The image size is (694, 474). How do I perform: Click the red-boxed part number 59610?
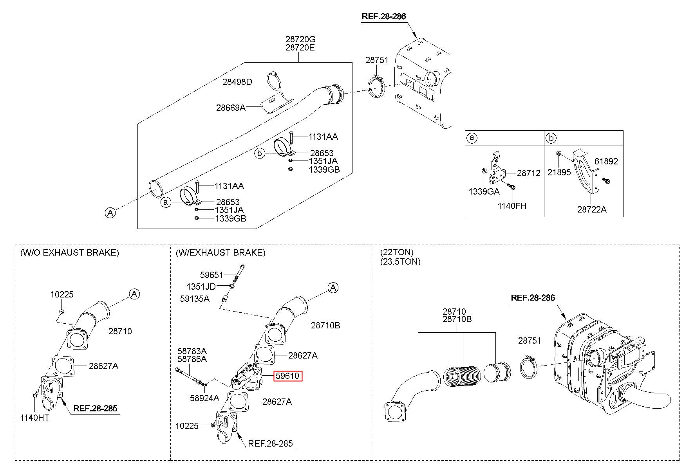click(x=287, y=376)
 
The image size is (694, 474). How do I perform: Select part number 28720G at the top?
click(x=300, y=39)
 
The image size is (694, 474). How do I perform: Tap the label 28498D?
click(x=237, y=82)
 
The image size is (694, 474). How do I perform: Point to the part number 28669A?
click(x=231, y=107)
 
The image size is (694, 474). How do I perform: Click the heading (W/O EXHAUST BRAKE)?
click(x=70, y=253)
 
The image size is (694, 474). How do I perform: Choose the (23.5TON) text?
click(x=400, y=261)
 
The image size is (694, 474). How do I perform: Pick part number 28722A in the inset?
click(x=592, y=209)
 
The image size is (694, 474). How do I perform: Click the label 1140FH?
click(x=512, y=206)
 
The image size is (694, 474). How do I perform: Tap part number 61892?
click(x=606, y=161)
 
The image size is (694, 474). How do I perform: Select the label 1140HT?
click(x=35, y=418)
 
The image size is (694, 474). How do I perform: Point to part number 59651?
click(x=211, y=275)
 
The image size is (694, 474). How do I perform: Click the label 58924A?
click(x=204, y=398)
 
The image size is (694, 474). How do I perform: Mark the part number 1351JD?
click(x=201, y=287)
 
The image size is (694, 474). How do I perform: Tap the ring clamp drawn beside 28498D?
click(x=276, y=81)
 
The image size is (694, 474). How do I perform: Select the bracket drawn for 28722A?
click(x=586, y=172)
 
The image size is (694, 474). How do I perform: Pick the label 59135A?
click(x=195, y=299)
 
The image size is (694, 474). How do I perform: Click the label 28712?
click(x=528, y=173)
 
